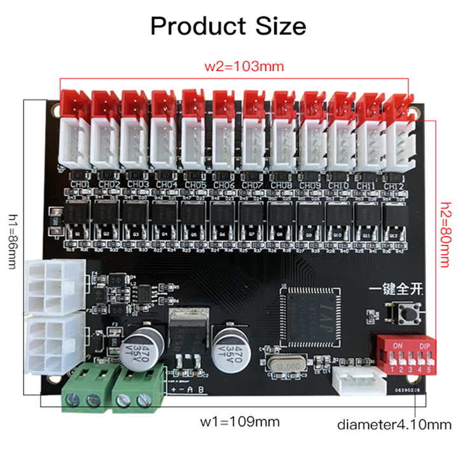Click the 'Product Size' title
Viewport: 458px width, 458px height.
(228, 26)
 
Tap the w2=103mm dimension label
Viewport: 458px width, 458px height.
(234, 66)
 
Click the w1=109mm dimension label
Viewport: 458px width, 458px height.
(239, 422)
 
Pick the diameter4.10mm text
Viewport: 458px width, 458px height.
(394, 424)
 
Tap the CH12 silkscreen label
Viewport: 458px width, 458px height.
(394, 186)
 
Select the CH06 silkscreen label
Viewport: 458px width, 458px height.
(223, 185)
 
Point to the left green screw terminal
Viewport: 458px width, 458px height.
(85, 388)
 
